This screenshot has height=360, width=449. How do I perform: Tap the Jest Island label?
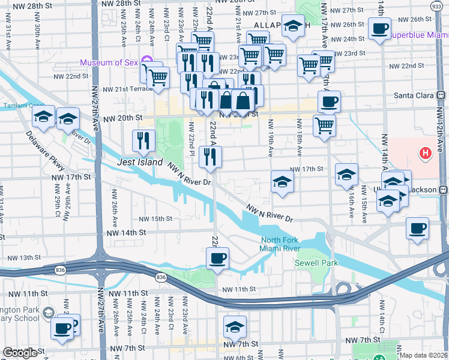[140, 163]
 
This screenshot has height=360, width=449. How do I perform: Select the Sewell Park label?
[316, 263]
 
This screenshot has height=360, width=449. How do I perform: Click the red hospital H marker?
[426, 154]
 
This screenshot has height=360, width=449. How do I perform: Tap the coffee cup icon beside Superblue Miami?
[379, 28]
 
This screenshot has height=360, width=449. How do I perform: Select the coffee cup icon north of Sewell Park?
[217, 258]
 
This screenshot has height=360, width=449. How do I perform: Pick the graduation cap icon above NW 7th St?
[235, 326]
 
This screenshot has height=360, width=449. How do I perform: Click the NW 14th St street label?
[126, 232]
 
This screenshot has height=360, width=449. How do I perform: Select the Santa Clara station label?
[414, 95]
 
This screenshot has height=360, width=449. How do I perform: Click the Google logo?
[20, 353]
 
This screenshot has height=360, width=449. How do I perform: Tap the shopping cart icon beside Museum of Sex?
[157, 77]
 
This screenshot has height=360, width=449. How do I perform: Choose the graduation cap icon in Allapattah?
[292, 26]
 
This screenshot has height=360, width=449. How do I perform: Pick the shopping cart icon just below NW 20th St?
[324, 125]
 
